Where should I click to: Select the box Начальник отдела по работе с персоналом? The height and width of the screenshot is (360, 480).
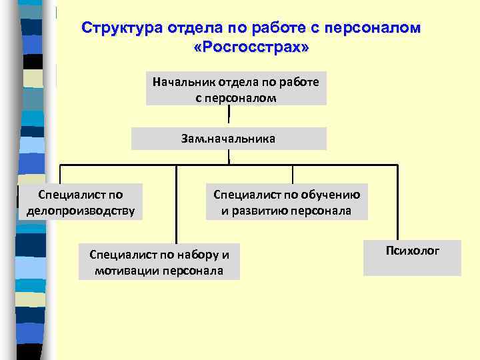(x=236, y=89)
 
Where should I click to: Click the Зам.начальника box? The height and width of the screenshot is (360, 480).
(x=229, y=139)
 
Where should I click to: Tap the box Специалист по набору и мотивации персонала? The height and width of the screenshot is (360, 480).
(x=159, y=262)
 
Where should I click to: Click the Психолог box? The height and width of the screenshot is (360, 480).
(x=412, y=258)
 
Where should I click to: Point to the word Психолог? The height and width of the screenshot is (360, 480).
(x=412, y=251)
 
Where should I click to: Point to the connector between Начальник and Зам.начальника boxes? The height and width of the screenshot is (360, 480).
(x=229, y=115)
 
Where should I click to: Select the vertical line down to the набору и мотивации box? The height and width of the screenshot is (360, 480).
(x=176, y=203)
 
